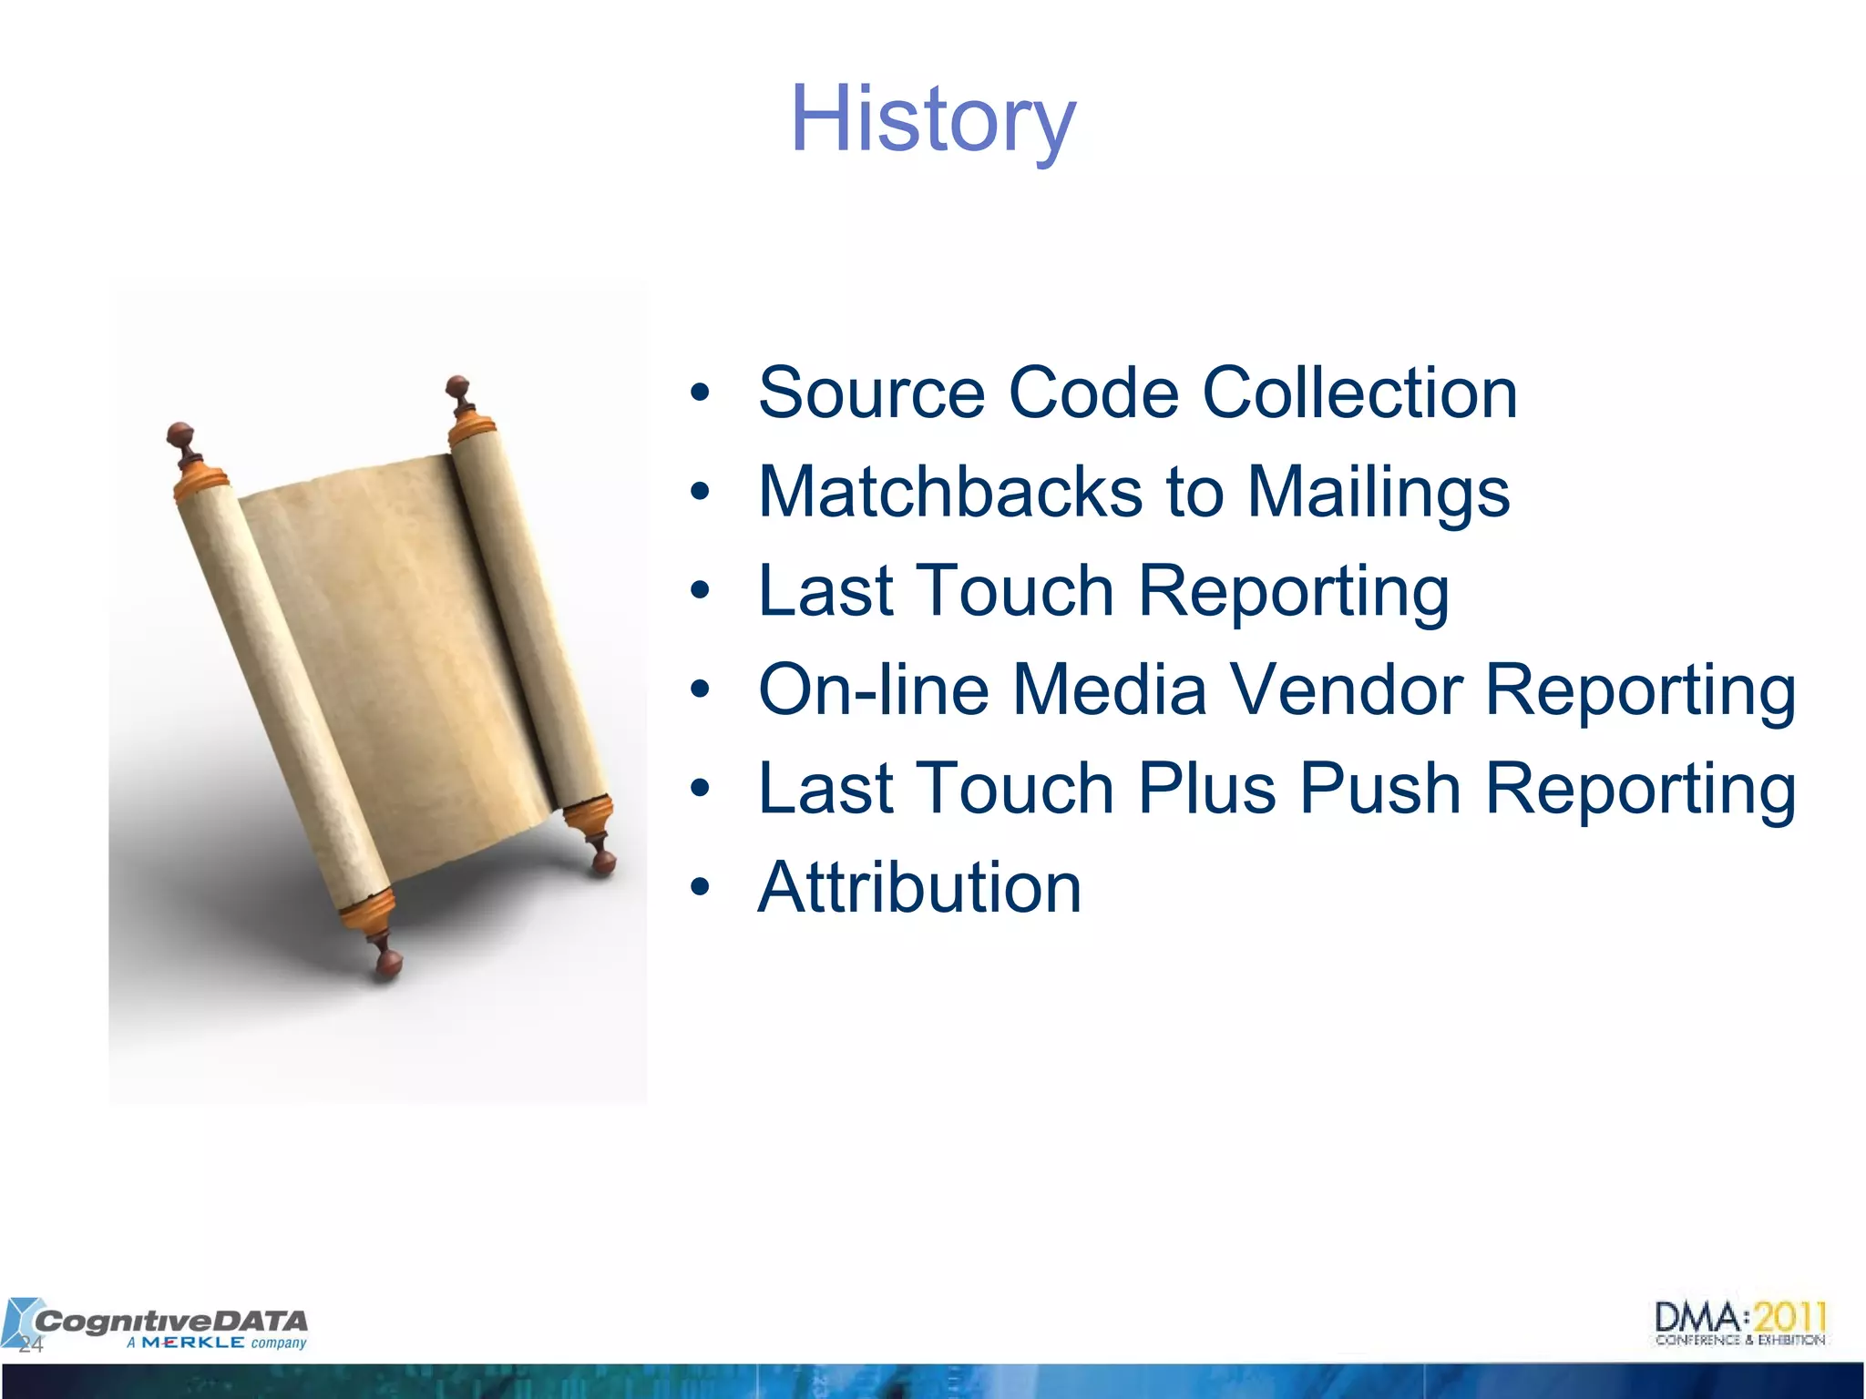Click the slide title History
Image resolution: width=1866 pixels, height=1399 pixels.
tap(932, 120)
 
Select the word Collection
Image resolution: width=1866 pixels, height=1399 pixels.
tap(1359, 393)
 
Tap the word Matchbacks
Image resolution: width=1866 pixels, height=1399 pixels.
tap(949, 493)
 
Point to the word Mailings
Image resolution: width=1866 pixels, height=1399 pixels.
tap(1378, 493)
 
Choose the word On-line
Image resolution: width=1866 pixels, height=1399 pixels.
tap(873, 689)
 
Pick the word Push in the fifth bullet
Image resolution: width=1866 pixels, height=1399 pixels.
tap(1379, 789)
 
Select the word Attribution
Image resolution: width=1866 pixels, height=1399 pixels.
tap(919, 888)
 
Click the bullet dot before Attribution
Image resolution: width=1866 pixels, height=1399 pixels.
tap(699, 887)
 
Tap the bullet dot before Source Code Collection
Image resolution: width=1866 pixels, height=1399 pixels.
tap(699, 393)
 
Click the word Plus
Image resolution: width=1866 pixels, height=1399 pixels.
tap(1207, 789)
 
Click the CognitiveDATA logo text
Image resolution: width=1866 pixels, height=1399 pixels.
tap(171, 1320)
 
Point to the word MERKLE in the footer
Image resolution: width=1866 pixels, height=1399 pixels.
tap(192, 1343)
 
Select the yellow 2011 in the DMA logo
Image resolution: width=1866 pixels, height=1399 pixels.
tap(1789, 1317)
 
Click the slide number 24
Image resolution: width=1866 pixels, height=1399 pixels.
tap(31, 1345)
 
